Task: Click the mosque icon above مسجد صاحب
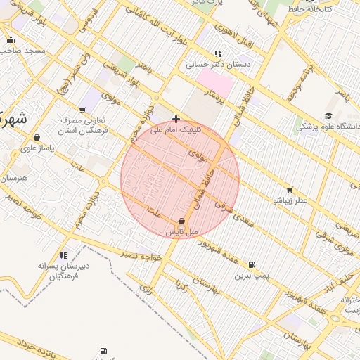point(11,40)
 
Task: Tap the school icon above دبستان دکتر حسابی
point(218,53)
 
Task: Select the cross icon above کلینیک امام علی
point(176,119)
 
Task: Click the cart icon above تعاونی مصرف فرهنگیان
point(84,110)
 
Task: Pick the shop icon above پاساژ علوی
point(37,137)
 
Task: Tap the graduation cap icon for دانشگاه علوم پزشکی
point(328,116)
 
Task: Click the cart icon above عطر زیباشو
point(290,190)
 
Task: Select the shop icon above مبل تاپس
point(182,221)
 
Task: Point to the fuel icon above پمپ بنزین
point(252,265)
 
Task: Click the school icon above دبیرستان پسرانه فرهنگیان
point(63,255)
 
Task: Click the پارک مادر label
point(207,4)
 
